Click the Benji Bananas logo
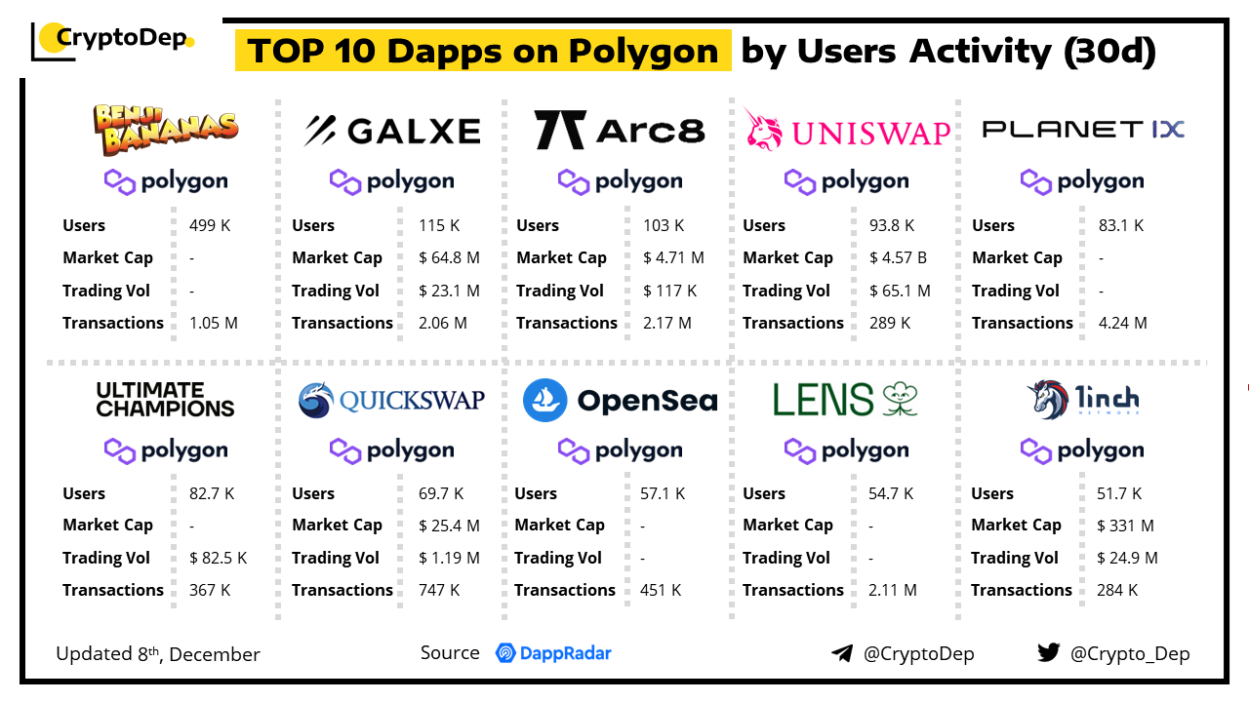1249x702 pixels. click(165, 130)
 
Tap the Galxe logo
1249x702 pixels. click(392, 131)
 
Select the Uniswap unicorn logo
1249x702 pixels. click(764, 129)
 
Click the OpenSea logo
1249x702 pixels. click(620, 401)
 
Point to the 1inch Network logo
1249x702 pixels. click(1082, 400)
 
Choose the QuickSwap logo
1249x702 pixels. click(391, 400)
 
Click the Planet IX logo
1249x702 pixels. click(1082, 130)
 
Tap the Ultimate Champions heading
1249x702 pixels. click(165, 400)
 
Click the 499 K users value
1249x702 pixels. click(210, 225)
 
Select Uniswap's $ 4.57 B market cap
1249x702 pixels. click(898, 258)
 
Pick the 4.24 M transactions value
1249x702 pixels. click(1121, 323)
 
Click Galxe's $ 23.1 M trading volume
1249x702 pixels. click(449, 291)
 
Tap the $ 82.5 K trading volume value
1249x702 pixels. click(218, 558)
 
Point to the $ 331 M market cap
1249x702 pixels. click(1125, 526)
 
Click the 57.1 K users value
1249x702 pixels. click(663, 493)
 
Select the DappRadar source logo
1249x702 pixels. click(553, 653)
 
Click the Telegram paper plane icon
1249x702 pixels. click(841, 653)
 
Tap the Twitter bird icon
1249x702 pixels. click(1048, 652)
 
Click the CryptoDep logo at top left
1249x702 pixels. click(112, 40)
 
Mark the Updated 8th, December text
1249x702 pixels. click(158, 654)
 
